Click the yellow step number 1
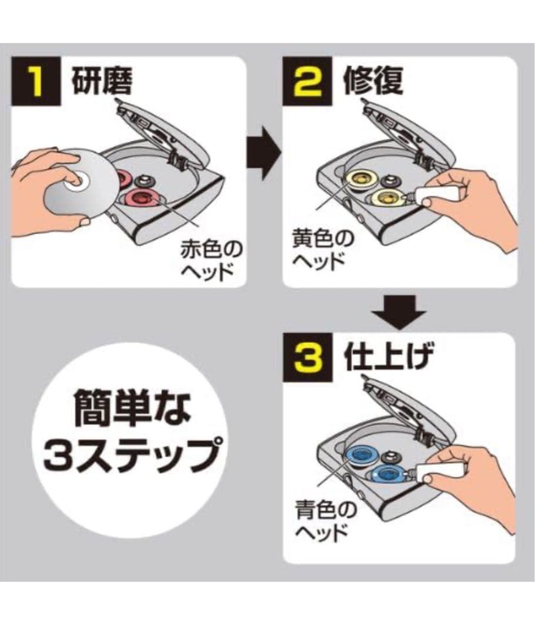pyautogui.click(x=37, y=82)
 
